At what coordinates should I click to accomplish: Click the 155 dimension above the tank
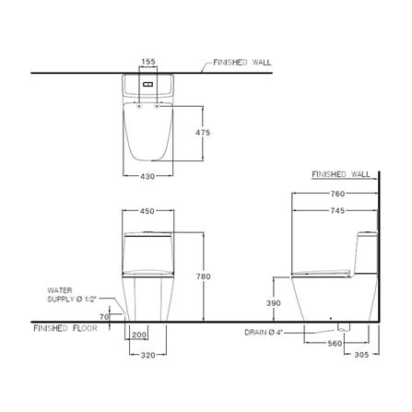pos(148,62)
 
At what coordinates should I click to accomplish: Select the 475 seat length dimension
pos(203,133)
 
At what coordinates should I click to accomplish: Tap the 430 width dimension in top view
pos(147,176)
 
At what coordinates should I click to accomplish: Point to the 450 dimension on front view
pos(147,211)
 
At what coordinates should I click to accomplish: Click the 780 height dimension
pos(204,277)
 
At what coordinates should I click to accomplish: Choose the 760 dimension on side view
pos(337,194)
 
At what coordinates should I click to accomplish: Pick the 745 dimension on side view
pos(337,211)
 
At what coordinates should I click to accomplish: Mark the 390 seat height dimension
pos(274,303)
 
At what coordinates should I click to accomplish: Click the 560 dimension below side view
pos(335,343)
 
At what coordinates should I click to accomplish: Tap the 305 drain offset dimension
pos(361,355)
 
